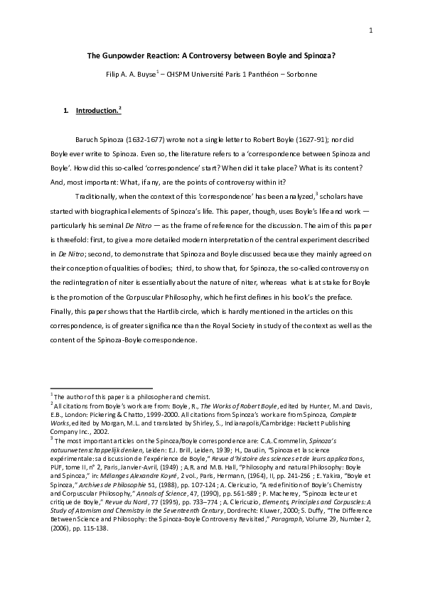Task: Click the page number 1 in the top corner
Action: point(371,30)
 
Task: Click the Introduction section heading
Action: point(97,111)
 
